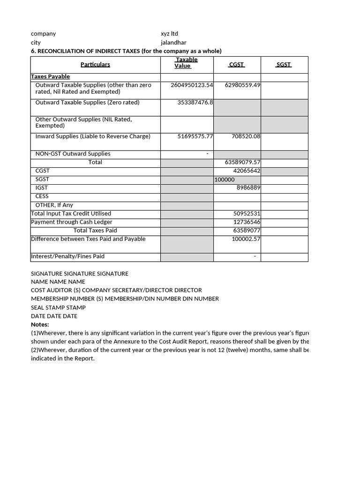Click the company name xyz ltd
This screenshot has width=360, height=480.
(169, 34)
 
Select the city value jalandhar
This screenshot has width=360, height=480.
(173, 43)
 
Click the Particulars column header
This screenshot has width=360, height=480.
(95, 65)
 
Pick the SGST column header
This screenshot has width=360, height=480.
(284, 65)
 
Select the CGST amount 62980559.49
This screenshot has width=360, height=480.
(242, 85)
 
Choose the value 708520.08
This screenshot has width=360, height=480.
(246, 136)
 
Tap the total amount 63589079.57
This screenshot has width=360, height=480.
(242, 162)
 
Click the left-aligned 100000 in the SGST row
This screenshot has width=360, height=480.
(225, 180)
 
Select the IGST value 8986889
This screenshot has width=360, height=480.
(248, 187)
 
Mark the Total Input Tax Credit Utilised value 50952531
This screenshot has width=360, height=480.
(247, 214)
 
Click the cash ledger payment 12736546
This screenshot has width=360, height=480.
(247, 222)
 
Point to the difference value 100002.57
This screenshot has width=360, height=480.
(246, 239)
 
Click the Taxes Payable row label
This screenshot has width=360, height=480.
(50, 77)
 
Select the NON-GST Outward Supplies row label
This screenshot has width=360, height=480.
(73, 154)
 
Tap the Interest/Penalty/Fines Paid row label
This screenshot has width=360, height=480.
(67, 256)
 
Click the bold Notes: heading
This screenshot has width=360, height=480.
(40, 324)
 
